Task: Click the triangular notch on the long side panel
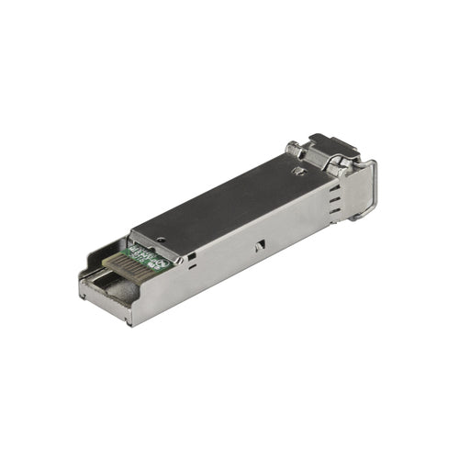coord(260,245)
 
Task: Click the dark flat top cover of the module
coord(229,197)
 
